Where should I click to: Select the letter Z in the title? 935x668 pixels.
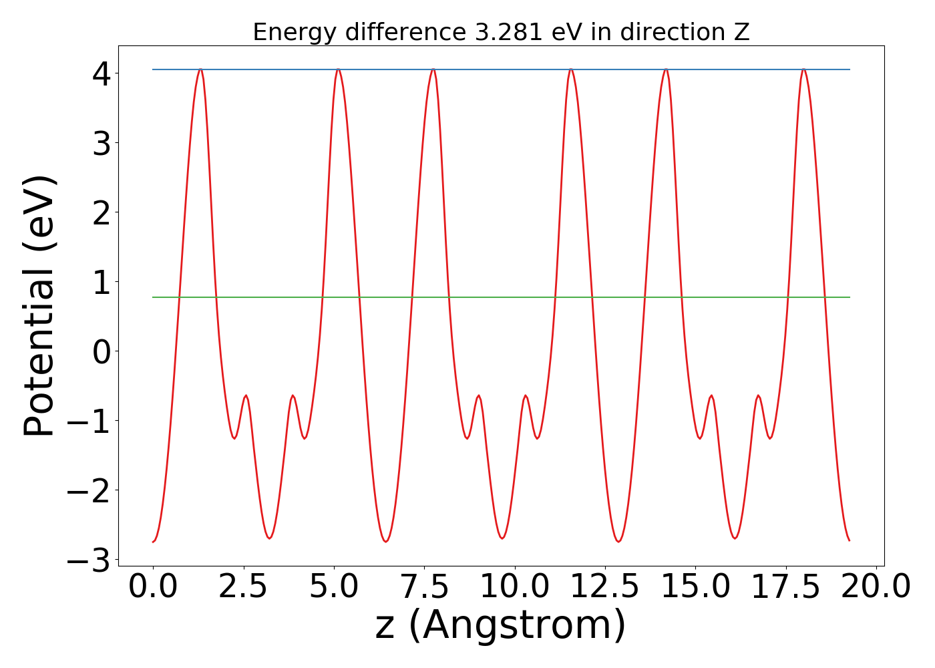pyautogui.click(x=741, y=32)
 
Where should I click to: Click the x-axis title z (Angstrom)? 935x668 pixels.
pyautogui.click(x=501, y=625)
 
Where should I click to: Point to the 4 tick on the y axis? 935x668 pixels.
pyautogui.click(x=102, y=73)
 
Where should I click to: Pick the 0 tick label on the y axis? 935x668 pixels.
pyautogui.click(x=102, y=351)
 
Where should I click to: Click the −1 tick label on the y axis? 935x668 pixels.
pyautogui.click(x=89, y=420)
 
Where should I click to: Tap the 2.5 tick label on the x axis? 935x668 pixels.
pyautogui.click(x=243, y=587)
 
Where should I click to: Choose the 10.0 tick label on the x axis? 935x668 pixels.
pyautogui.click(x=514, y=587)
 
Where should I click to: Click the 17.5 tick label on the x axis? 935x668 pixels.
pyautogui.click(x=785, y=587)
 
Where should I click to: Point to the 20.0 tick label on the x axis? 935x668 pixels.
pyautogui.click(x=876, y=587)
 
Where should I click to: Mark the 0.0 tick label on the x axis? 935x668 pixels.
pyautogui.click(x=153, y=587)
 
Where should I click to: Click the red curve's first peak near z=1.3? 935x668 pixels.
pyautogui.click(x=200, y=69)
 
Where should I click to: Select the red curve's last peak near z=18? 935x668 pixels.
pyautogui.click(x=803, y=69)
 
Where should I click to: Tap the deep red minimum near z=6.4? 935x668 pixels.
pyautogui.click(x=386, y=541)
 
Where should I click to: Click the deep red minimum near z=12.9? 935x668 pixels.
pyautogui.click(x=619, y=541)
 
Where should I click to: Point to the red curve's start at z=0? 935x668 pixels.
pyautogui.click(x=154, y=541)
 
